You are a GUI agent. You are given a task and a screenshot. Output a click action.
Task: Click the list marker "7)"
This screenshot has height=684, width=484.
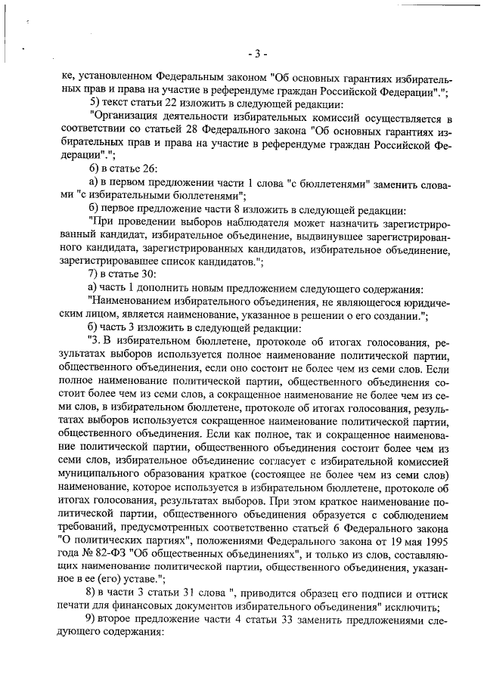(95, 275)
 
